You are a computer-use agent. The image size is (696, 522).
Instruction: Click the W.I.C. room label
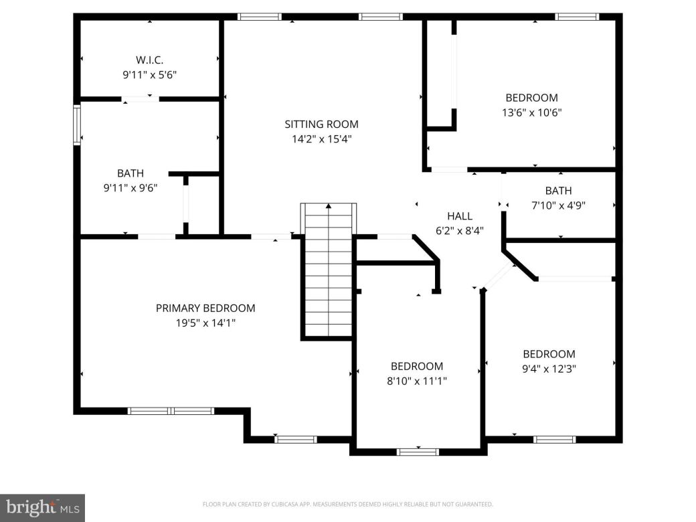(149, 60)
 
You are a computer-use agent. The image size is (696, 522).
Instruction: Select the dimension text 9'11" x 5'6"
(149, 76)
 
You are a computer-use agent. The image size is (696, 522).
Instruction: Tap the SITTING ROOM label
(321, 124)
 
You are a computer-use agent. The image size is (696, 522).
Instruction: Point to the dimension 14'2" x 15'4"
(321, 139)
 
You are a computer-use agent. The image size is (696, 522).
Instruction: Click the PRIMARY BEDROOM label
(205, 308)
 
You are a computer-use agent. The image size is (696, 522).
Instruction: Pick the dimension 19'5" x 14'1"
(205, 323)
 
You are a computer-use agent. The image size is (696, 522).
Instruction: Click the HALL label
(460, 215)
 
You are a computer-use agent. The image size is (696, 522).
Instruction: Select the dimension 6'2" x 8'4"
(460, 231)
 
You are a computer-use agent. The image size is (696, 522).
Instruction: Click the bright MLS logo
(41, 508)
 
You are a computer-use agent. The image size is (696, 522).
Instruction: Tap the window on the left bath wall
(77, 125)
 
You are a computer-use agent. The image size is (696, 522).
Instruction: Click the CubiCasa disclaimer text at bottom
(347, 504)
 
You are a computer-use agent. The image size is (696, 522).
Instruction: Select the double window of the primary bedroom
(171, 411)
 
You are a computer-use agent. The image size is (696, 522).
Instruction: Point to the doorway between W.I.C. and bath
(141, 99)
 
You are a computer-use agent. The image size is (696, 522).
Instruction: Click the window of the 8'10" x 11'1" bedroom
(418, 452)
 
